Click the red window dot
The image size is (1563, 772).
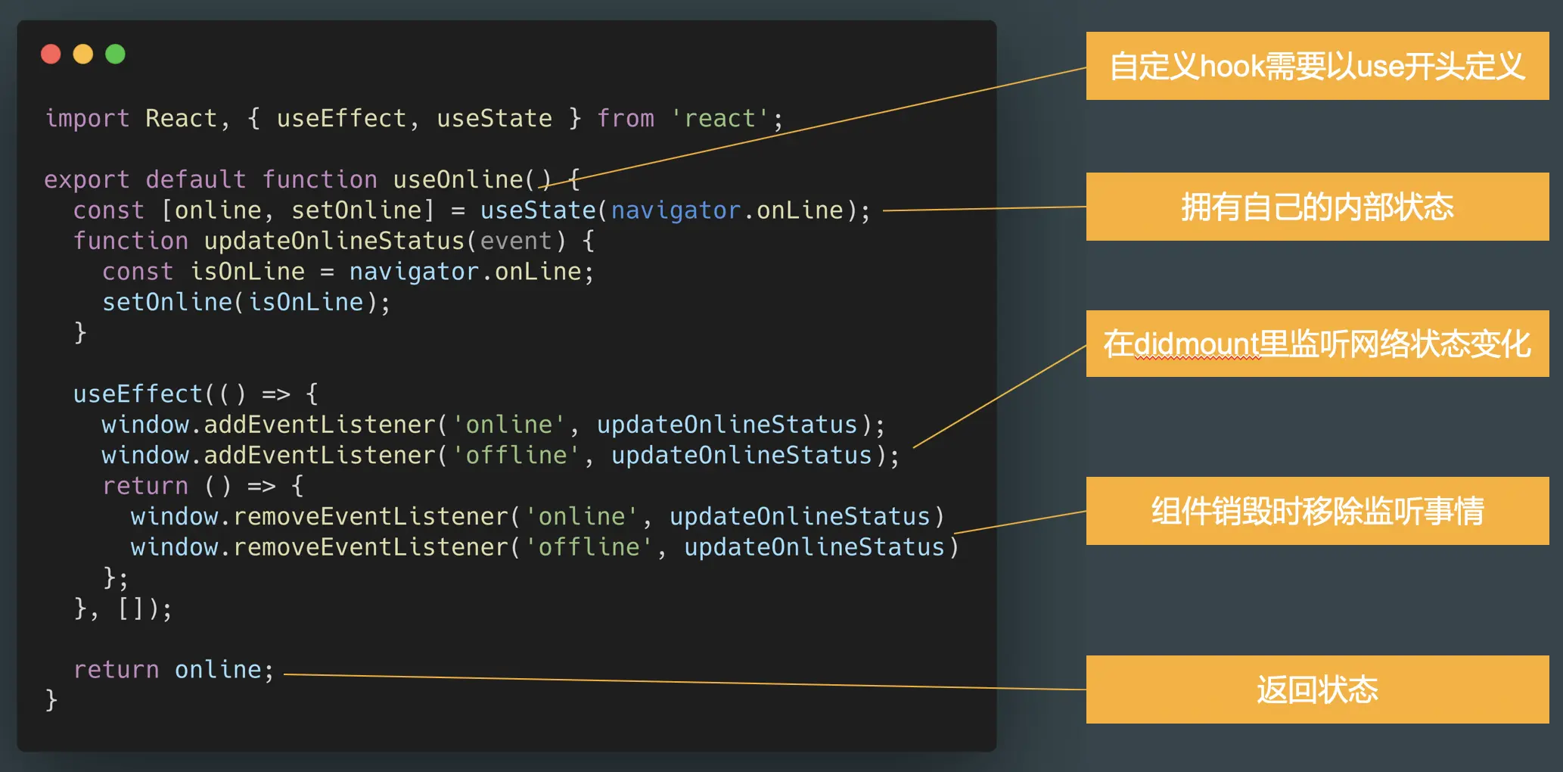pos(51,54)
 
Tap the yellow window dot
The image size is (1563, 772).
pos(83,54)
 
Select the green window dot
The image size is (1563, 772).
pos(115,54)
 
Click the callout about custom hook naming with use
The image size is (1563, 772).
pos(1317,66)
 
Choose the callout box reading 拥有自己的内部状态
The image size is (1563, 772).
pos(1317,207)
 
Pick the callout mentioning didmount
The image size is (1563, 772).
pos(1317,344)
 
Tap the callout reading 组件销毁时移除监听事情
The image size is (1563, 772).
pos(1317,511)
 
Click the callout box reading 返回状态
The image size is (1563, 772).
pos(1317,690)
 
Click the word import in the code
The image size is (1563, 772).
pos(87,119)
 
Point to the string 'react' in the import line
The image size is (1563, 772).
pos(719,119)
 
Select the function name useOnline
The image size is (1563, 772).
pos(458,180)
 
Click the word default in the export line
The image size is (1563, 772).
pos(195,180)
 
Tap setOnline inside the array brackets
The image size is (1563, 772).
pos(356,210)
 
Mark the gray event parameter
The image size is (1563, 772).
pos(516,241)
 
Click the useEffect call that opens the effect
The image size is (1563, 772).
pos(138,394)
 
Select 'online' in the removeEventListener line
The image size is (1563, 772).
pos(582,517)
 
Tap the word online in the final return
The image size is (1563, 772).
pos(218,670)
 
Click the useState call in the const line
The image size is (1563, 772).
pos(538,210)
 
